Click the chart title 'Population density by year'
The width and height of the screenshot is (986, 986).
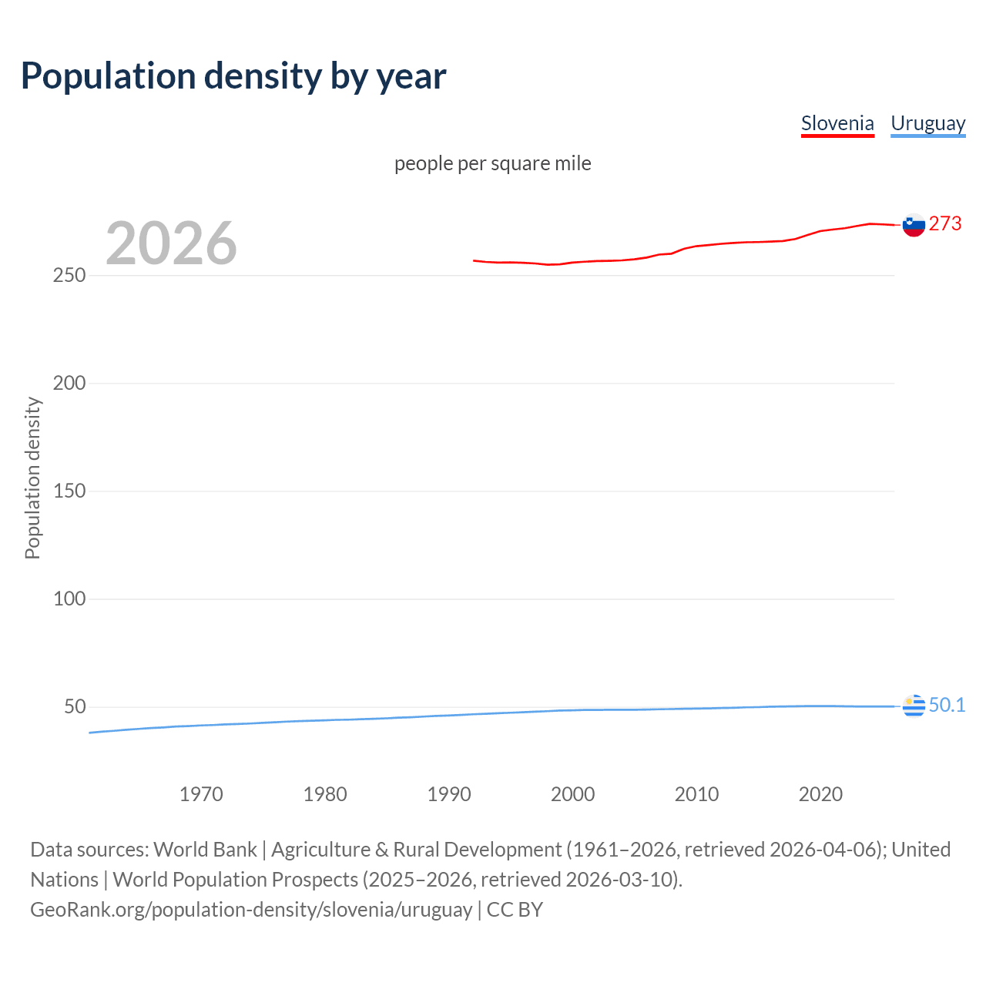233,76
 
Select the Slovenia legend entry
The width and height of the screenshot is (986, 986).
837,123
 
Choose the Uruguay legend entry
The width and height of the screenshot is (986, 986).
927,123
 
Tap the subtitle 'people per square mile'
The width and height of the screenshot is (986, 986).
492,163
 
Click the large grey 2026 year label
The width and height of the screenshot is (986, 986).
171,243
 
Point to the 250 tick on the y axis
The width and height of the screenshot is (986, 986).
69,275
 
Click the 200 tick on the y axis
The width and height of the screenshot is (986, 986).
69,383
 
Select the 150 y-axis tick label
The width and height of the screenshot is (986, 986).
69,491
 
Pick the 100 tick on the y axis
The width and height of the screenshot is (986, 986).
69,599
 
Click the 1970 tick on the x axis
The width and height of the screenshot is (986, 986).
201,794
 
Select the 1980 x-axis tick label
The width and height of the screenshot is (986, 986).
325,794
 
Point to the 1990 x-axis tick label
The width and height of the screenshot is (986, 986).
449,794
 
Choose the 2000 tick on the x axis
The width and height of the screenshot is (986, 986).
572,794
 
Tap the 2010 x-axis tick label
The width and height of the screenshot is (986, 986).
696,794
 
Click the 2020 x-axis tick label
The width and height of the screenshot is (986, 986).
820,794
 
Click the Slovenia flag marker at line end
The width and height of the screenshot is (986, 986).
914,225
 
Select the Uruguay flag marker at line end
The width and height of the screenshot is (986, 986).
914,706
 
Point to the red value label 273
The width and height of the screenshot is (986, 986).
945,223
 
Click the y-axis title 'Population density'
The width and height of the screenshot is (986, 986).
32,478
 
